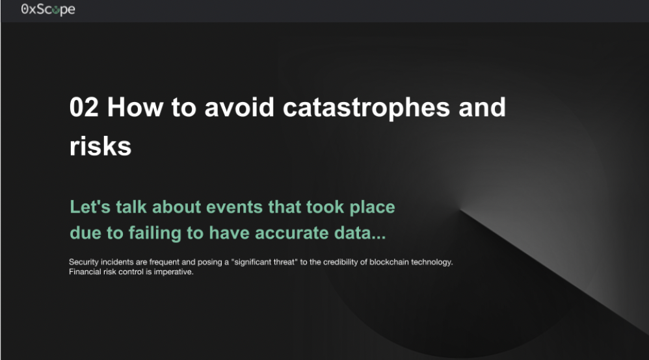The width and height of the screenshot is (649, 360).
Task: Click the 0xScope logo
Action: [48, 10]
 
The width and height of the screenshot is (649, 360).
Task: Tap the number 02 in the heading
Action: [84, 107]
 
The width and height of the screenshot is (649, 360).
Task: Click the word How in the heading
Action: [135, 107]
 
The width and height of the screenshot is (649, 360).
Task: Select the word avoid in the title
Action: [239, 107]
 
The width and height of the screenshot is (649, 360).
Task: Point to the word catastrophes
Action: [366, 109]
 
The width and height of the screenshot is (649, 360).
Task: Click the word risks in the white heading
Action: [100, 146]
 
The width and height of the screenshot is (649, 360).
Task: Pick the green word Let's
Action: [90, 207]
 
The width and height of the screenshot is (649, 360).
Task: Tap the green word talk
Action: [131, 207]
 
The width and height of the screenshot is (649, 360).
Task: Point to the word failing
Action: [155, 233]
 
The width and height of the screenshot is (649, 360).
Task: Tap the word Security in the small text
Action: [84, 263]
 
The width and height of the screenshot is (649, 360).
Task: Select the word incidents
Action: [117, 262]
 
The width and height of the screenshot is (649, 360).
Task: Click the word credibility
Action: [341, 263]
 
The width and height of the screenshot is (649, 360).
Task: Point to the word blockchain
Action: [389, 262]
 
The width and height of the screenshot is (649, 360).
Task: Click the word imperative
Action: [174, 272]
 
